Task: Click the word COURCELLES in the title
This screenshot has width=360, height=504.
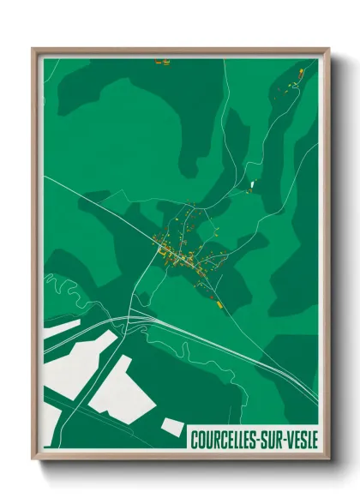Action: (x=221, y=439)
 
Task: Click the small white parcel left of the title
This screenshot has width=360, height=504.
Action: (x=171, y=425)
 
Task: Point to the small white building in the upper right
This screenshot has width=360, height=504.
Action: (x=253, y=184)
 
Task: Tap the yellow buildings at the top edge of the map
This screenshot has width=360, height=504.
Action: (x=161, y=62)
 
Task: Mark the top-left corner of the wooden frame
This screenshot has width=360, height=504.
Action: (x=33, y=50)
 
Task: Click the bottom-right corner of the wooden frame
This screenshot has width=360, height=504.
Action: (x=328, y=459)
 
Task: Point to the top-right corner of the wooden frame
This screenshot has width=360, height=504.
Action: (x=328, y=50)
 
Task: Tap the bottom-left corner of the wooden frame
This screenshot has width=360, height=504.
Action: (x=33, y=459)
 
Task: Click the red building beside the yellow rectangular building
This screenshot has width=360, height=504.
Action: (x=210, y=297)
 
